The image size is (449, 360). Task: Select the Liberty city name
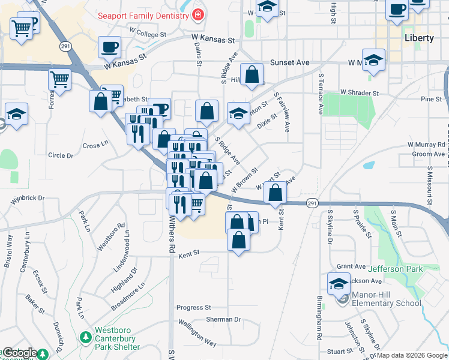click(419, 38)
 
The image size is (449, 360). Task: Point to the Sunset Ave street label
click(289, 62)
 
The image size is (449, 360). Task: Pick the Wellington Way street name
click(197, 334)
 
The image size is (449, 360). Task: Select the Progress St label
click(193, 307)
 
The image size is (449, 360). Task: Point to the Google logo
click(20, 353)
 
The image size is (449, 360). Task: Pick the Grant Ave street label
click(351, 266)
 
